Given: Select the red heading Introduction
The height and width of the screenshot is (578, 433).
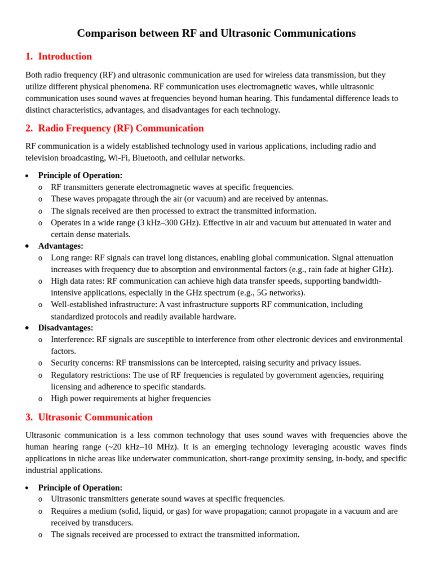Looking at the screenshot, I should coord(65,56).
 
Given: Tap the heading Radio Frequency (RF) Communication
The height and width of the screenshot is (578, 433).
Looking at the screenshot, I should coord(121,128).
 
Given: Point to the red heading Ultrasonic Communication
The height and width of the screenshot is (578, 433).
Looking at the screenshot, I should coord(95,417).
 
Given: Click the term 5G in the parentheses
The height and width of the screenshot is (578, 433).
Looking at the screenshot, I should coord(262,292).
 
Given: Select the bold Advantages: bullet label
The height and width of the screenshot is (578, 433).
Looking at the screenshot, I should coord(61,246).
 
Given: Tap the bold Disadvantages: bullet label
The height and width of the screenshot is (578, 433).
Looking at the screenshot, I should coord(65,327).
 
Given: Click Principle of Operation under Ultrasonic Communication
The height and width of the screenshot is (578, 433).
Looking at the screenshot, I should coord(80,487).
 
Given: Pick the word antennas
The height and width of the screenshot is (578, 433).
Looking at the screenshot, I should coord(311,199).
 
